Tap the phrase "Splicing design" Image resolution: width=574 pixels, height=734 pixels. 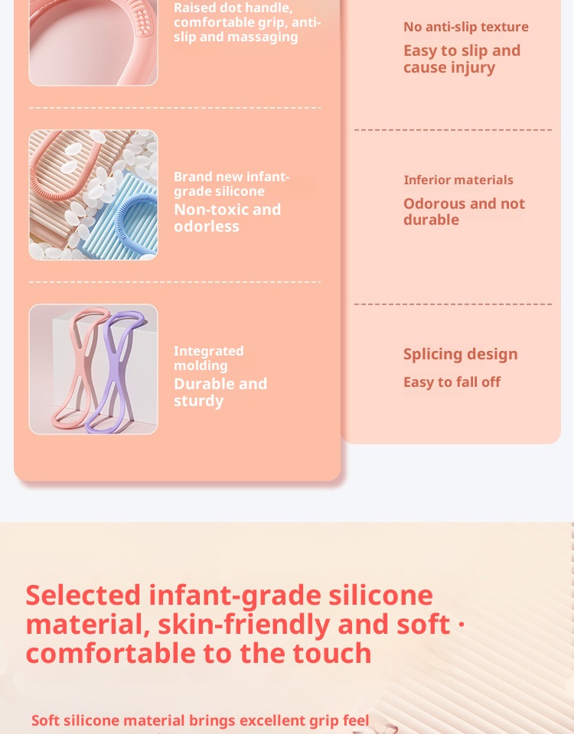[461, 354]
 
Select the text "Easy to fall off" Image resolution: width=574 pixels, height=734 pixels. [452, 382]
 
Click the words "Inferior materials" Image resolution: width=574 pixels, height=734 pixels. [458, 180]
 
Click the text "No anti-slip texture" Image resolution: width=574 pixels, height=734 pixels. [466, 27]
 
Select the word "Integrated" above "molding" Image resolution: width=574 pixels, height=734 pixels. [208, 351]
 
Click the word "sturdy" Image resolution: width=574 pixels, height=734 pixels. [199, 401]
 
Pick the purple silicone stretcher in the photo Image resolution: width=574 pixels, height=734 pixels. [115, 370]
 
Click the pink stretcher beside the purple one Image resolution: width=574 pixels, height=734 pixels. [80, 370]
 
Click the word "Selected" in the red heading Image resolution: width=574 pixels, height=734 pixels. [83, 595]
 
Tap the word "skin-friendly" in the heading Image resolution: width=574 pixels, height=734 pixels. [243, 625]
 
